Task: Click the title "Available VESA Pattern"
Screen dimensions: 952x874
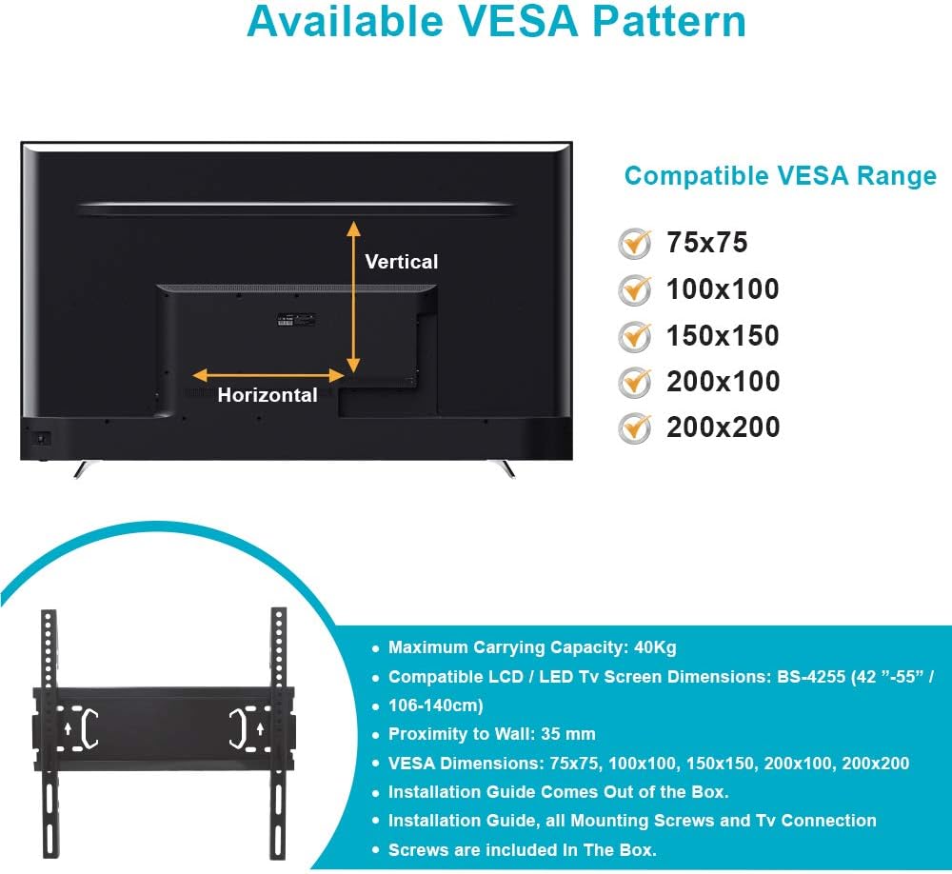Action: [496, 21]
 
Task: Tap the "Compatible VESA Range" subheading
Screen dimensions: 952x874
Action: [781, 176]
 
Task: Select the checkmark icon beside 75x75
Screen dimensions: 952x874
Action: [634, 244]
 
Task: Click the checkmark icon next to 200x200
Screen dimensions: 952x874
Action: [634, 427]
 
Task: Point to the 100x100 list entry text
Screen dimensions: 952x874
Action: [723, 289]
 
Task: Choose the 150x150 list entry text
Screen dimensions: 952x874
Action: [723, 336]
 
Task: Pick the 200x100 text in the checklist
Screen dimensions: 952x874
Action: [724, 382]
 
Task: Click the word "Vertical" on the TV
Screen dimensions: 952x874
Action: [402, 262]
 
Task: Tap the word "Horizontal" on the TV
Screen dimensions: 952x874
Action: [268, 395]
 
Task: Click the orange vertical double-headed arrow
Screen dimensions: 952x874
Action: [353, 297]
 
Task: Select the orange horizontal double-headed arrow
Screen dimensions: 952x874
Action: [268, 375]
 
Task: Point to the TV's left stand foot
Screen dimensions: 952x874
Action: [84, 468]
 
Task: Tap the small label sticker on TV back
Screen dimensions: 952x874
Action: [296, 320]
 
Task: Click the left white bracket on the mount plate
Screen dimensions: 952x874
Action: [89, 728]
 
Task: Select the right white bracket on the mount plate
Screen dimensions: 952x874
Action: [237, 728]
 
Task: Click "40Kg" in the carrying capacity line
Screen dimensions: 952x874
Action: [655, 648]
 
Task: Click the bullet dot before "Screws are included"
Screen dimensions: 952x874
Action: [375, 850]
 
